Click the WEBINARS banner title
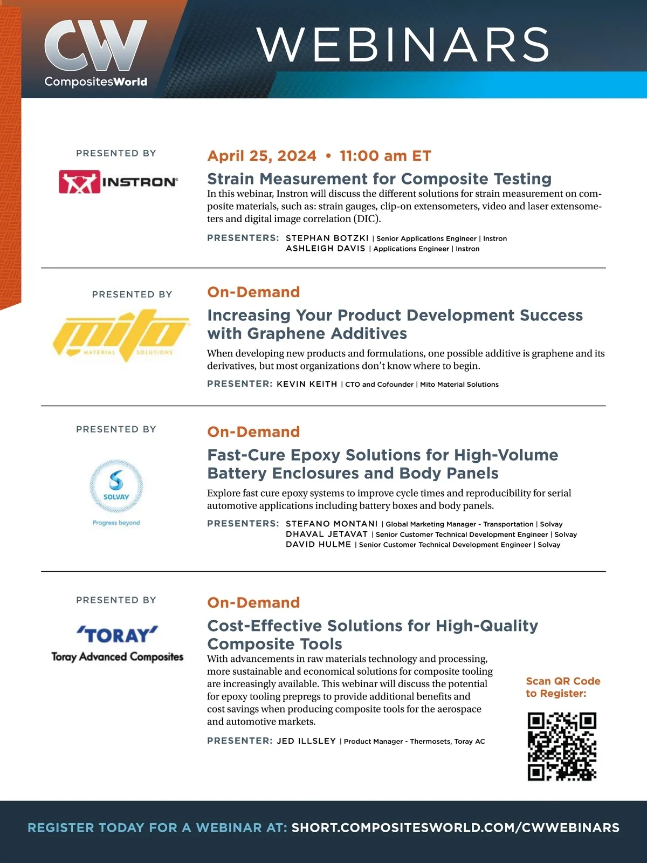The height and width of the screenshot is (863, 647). point(403,45)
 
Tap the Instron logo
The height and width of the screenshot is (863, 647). point(118,182)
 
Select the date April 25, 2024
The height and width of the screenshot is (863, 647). point(262,156)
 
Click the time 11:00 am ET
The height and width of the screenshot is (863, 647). point(386,156)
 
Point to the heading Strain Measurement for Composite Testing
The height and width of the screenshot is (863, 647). point(379,179)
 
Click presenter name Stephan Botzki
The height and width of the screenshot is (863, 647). point(327,238)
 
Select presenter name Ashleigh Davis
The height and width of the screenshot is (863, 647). point(326,249)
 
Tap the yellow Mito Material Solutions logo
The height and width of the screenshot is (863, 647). point(121,335)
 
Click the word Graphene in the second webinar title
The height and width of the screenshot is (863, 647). point(286,333)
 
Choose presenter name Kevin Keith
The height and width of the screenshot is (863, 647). point(307,384)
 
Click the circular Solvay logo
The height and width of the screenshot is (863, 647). point(116,486)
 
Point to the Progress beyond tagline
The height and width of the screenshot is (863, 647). point(116,523)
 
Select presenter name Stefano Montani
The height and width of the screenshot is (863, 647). point(332,524)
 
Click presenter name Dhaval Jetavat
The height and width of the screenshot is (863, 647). point(327,534)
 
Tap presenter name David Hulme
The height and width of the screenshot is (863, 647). point(319,544)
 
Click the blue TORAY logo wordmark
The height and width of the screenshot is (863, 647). point(118,635)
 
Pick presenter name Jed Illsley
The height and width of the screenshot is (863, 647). point(306,741)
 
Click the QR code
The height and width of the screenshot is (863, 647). point(562,746)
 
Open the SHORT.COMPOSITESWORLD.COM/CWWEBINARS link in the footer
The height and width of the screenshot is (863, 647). point(455,827)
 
